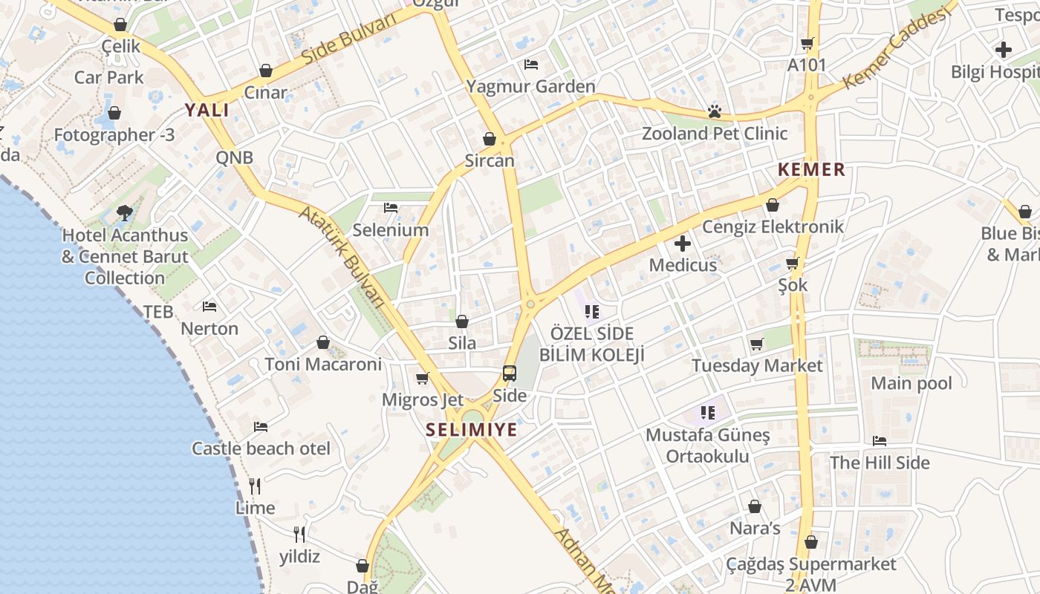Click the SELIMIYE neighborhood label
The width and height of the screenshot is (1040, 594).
472,429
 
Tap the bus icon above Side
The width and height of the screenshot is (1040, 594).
510,373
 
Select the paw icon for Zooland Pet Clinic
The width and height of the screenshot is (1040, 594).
715,112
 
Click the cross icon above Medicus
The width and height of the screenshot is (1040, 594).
682,243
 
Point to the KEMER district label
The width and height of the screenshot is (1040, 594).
811,170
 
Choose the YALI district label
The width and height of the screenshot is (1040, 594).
207,111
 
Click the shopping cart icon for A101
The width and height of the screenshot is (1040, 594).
807,43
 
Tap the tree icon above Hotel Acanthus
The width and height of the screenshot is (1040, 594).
125,213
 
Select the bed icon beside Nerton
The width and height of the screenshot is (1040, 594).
209,306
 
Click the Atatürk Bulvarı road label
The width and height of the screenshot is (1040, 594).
343,257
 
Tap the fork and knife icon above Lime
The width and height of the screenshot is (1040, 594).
255,486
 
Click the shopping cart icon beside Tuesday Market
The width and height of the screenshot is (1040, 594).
757,344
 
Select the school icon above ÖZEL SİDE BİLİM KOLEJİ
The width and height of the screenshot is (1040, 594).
591,311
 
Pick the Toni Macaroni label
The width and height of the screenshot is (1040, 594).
323,365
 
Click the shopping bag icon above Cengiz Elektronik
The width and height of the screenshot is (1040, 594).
773,205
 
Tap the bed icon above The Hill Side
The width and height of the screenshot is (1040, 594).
880,441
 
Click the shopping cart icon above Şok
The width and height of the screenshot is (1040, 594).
793,263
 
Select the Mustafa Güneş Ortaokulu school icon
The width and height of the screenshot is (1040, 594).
707,412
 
